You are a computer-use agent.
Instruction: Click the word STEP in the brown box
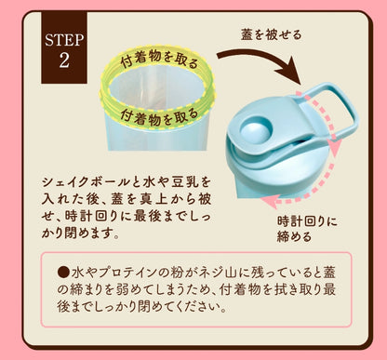click(64, 40)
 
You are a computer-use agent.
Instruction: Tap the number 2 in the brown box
click(64, 60)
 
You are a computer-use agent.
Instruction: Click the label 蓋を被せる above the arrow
click(272, 34)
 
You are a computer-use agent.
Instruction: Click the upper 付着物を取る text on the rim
click(159, 59)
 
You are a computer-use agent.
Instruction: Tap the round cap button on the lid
click(256, 129)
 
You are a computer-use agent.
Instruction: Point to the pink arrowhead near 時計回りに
click(268, 202)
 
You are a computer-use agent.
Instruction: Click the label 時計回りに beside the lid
click(307, 221)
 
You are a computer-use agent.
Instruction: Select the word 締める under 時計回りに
click(294, 237)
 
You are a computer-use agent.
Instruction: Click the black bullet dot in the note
click(63, 273)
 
